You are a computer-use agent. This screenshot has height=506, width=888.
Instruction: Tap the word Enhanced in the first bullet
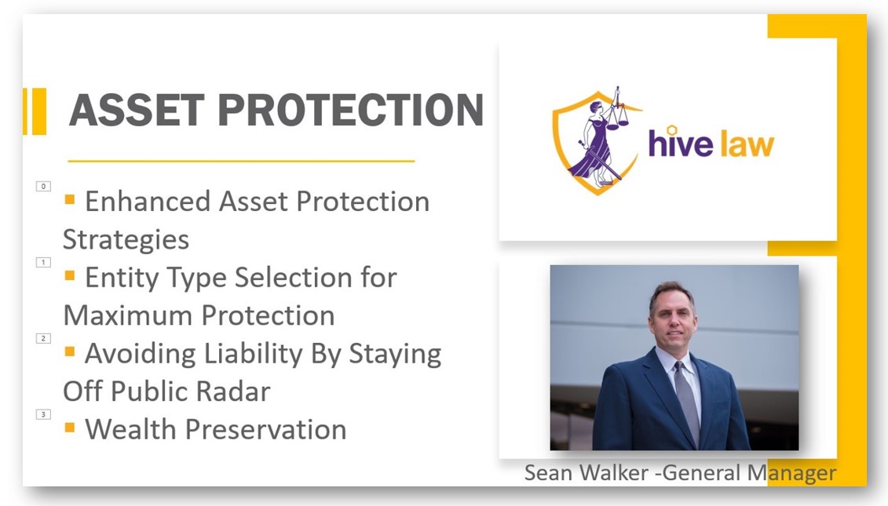(147, 202)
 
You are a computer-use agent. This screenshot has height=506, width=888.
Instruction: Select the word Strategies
(126, 239)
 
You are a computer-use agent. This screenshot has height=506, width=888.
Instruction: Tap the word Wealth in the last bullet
(126, 429)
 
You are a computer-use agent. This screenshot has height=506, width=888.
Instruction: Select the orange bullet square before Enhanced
(70, 200)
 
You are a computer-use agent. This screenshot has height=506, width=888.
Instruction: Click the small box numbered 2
(43, 338)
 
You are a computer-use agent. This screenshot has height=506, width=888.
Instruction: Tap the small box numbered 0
(43, 186)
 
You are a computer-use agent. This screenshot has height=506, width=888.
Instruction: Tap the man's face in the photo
(673, 315)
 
